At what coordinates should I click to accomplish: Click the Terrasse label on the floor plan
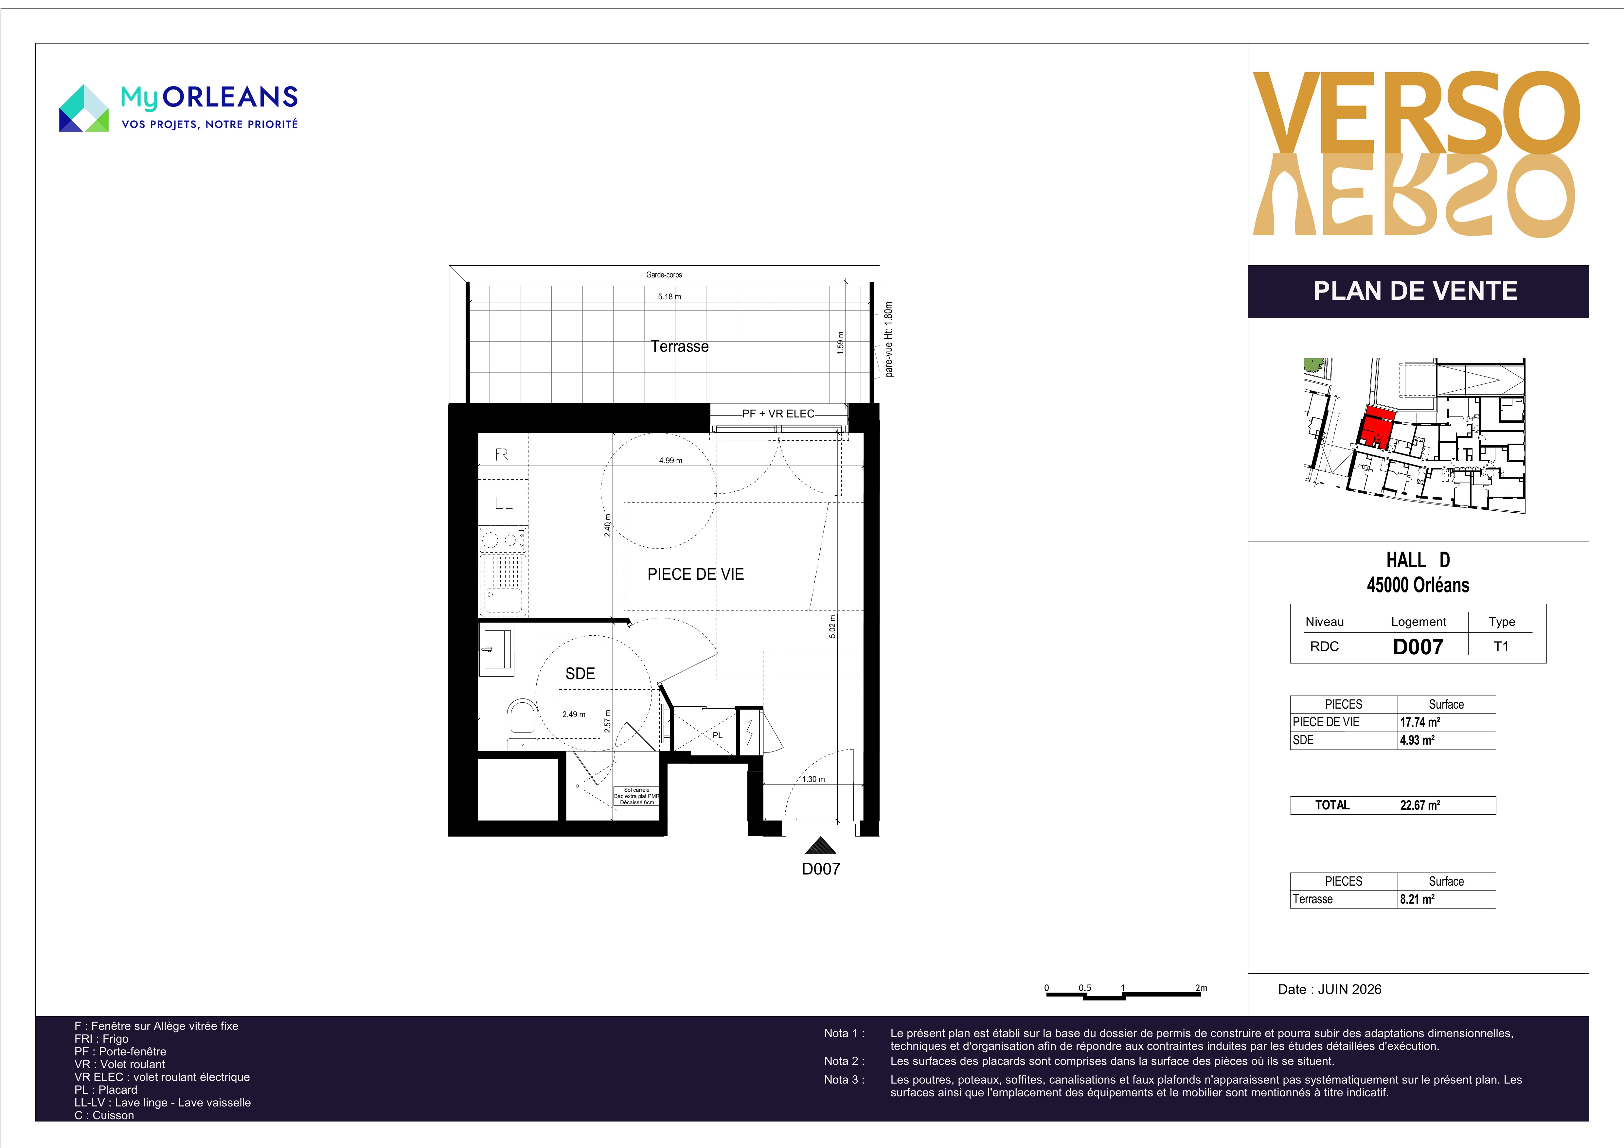point(679,346)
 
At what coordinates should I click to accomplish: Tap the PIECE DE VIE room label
point(695,574)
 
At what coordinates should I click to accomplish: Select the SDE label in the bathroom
point(580,673)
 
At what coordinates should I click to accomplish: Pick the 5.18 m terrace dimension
point(669,296)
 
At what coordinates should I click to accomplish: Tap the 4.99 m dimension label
point(670,460)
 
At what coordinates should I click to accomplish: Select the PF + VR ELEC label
point(778,414)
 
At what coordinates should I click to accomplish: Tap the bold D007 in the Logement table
point(1418,646)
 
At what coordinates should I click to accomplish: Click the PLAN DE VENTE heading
point(1415,291)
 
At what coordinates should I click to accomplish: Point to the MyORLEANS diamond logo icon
point(83,108)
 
